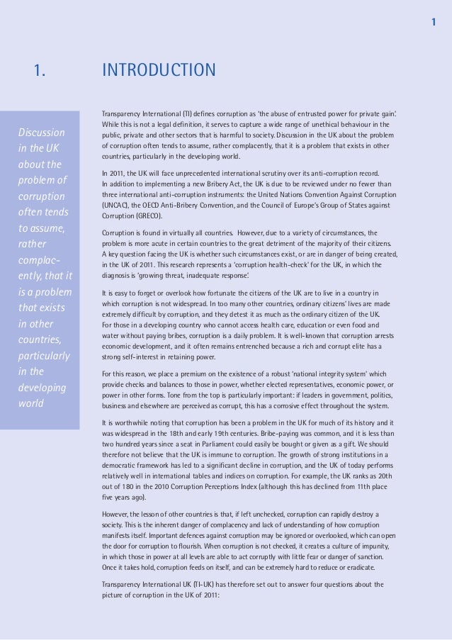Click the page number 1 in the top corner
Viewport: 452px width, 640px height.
(x=433, y=23)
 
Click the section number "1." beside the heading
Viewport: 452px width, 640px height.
(x=40, y=70)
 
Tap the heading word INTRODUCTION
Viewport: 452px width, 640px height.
(x=159, y=70)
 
